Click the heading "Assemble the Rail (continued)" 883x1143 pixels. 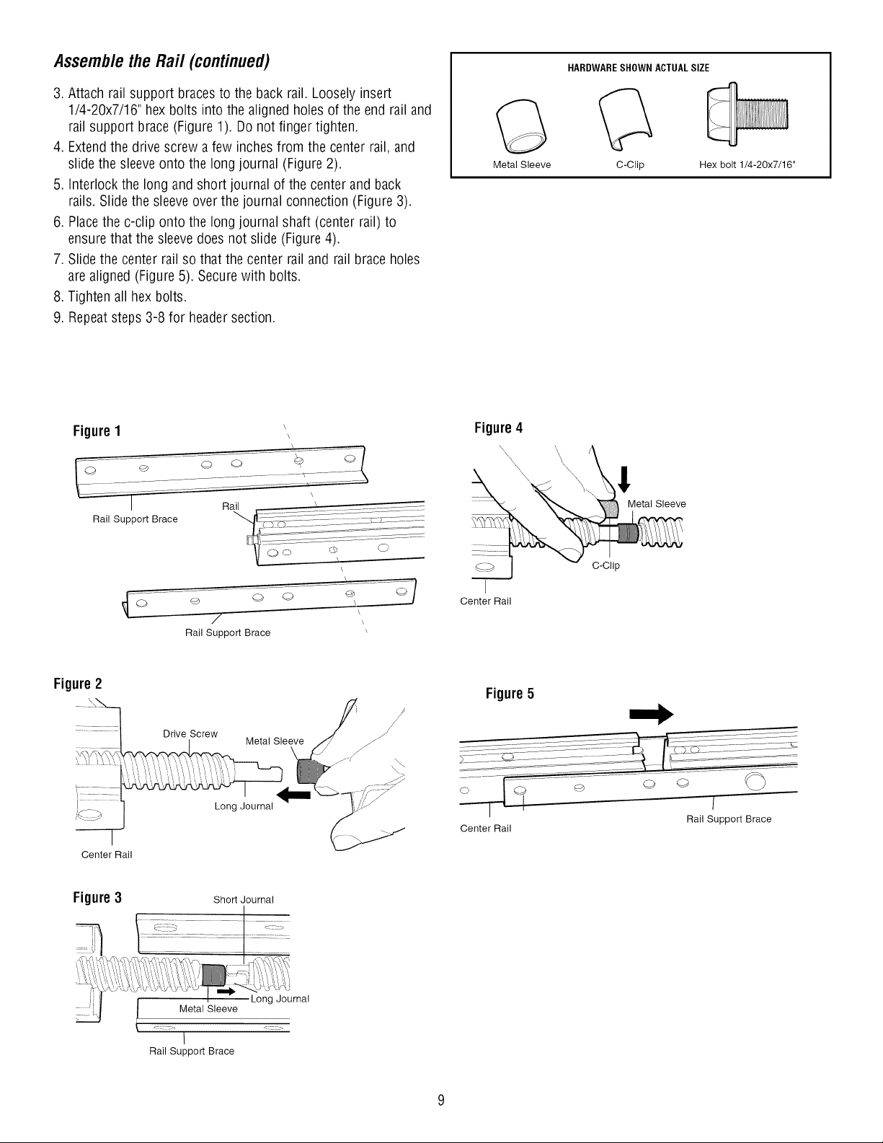tap(161, 61)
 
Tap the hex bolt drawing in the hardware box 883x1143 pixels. tap(748, 114)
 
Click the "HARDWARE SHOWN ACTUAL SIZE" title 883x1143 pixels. tap(638, 68)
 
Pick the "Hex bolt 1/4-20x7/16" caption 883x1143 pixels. tap(747, 164)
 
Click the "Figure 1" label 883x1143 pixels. tap(97, 431)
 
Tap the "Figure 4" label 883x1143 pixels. tap(498, 428)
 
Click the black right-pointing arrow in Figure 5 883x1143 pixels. tap(652, 715)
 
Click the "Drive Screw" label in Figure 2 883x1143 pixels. tap(190, 734)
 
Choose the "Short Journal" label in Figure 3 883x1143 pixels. tap(244, 900)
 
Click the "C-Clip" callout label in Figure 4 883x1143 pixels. tap(606, 565)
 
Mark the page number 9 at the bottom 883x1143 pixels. tap(441, 1100)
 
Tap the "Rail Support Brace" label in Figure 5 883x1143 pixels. tap(729, 819)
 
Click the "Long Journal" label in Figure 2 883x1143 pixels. tap(244, 806)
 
